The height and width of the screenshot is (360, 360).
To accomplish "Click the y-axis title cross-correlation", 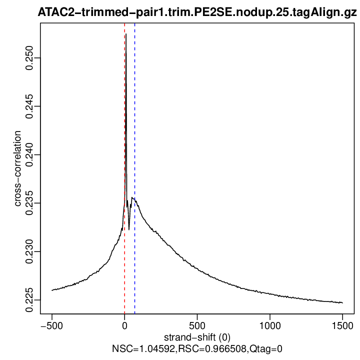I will tap(17, 168).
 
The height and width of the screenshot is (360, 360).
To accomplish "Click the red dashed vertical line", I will tap(124, 150).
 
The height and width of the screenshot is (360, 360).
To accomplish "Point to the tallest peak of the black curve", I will tap(126, 34).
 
